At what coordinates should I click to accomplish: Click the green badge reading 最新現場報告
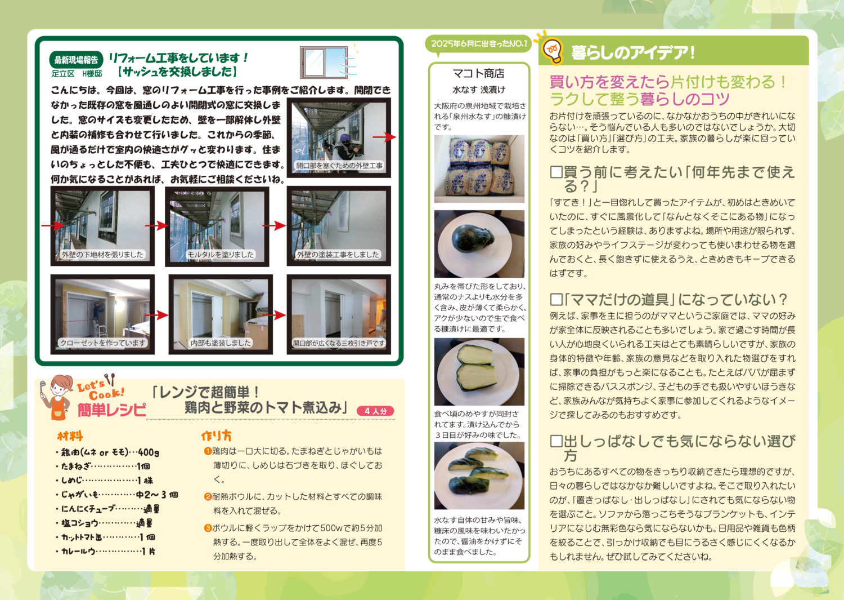[76, 60]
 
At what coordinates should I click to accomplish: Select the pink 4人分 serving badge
[375, 411]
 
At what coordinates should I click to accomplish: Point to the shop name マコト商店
[478, 73]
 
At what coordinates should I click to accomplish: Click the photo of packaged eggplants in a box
[479, 169]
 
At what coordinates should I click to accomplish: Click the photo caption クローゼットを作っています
[103, 343]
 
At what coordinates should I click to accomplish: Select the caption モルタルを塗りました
[221, 255]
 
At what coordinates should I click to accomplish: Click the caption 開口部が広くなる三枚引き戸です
[339, 343]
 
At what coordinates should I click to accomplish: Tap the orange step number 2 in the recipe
[208, 496]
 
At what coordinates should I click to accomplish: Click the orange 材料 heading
[70, 436]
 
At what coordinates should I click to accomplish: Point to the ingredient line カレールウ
[106, 552]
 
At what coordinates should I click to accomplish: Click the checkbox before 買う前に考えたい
[556, 172]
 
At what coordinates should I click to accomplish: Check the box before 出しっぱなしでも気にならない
[556, 441]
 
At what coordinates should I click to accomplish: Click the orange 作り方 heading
[216, 436]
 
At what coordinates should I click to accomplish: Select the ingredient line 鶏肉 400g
[107, 452]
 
